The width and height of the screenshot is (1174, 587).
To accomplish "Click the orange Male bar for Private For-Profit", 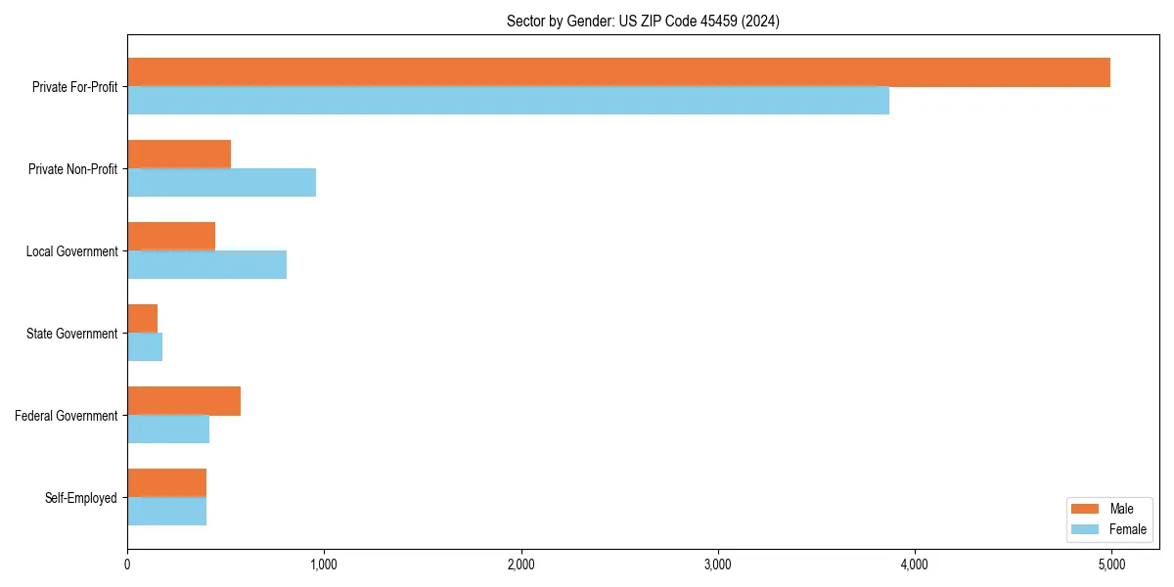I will tap(618, 72).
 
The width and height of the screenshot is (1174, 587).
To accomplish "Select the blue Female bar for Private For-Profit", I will tap(508, 101).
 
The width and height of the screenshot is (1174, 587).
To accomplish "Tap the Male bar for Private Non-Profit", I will tap(179, 155).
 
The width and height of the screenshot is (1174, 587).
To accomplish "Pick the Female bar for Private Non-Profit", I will tap(221, 183).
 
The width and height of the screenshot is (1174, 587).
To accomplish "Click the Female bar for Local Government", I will tap(206, 265).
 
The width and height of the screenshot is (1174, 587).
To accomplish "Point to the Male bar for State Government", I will tap(143, 319).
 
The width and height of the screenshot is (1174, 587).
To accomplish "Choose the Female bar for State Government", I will tap(145, 347).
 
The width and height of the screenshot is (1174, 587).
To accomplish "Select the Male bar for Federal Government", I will tap(184, 401).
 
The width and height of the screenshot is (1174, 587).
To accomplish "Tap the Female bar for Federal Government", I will tap(168, 429).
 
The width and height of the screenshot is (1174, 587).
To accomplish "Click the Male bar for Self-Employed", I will tap(166, 483).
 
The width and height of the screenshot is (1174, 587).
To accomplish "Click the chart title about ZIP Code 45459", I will tap(643, 21).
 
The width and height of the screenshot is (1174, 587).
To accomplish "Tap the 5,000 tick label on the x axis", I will tap(1111, 564).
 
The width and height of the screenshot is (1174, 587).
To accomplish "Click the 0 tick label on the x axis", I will tap(127, 564).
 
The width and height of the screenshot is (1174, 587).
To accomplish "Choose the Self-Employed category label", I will tap(80, 498).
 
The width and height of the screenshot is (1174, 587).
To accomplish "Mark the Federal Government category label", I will tap(66, 416).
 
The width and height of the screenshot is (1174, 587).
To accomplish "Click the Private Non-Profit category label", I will tap(72, 169).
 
